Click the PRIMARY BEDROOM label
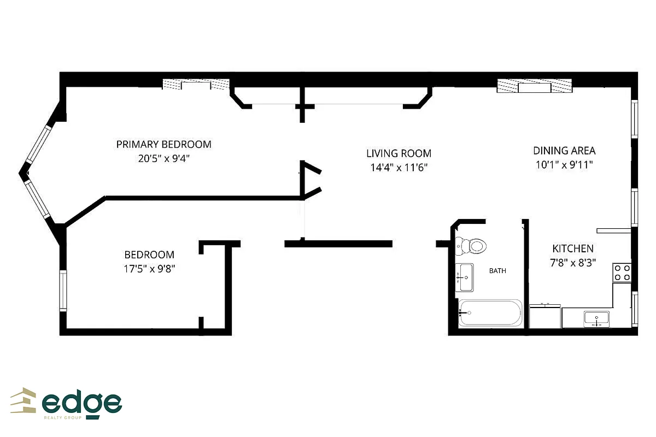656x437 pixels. pos(163,145)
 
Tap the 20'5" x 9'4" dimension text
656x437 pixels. pos(163,159)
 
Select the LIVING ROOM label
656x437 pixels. pos(399,153)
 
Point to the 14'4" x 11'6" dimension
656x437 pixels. pos(399,168)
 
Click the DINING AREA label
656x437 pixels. pos(564,151)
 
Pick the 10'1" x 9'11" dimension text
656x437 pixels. pos(564,164)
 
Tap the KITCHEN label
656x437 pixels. pos(572,249)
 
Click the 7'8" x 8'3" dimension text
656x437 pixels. pos(572,262)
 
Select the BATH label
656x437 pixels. pos(497,270)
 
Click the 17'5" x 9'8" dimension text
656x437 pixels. pos(149,269)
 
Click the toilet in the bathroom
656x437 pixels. pos(471,246)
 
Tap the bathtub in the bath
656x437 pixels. pos(490,313)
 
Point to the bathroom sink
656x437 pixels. pos(465,277)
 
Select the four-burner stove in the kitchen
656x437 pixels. pos(623,272)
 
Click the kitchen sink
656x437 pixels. pos(596,318)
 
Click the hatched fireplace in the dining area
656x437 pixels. pos(534,86)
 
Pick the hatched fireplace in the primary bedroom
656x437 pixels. pos(196,85)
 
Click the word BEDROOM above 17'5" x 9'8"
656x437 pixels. pos(149,255)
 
